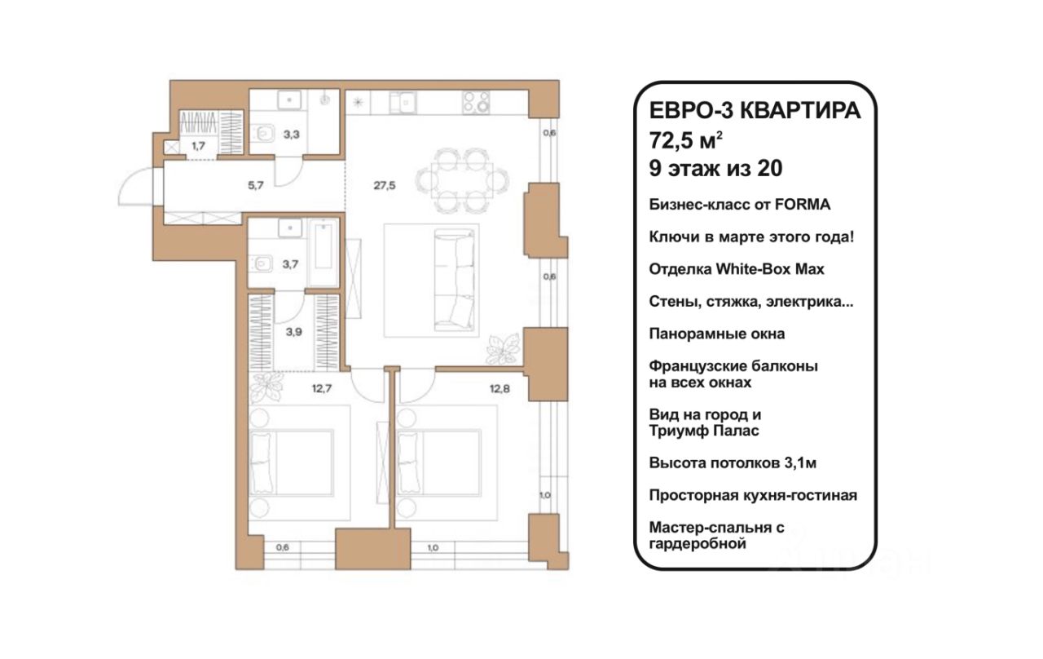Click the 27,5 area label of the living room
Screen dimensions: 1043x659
pyautogui.click(x=384, y=185)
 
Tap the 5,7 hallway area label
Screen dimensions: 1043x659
pyautogui.click(x=256, y=185)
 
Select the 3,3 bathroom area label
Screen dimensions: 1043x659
pyautogui.click(x=292, y=135)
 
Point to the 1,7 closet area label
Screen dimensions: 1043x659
pyautogui.click(x=198, y=146)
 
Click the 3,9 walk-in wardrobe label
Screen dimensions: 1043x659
pyautogui.click(x=294, y=332)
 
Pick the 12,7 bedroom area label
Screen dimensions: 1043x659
pyautogui.click(x=322, y=388)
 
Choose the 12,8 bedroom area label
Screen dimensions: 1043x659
pyautogui.click(x=499, y=388)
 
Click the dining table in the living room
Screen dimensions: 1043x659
pyautogui.click(x=462, y=180)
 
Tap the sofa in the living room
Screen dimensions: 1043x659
pyautogui.click(x=455, y=280)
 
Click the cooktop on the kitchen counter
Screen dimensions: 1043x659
pyautogui.click(x=476, y=103)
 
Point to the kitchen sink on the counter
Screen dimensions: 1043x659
pyautogui.click(x=403, y=103)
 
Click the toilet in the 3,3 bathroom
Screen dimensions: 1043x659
pyautogui.click(x=263, y=135)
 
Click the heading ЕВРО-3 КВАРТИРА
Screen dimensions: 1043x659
pyautogui.click(x=755, y=112)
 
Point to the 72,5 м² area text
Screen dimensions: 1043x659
pyautogui.click(x=686, y=139)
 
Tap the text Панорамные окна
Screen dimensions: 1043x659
pyautogui.click(x=717, y=334)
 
